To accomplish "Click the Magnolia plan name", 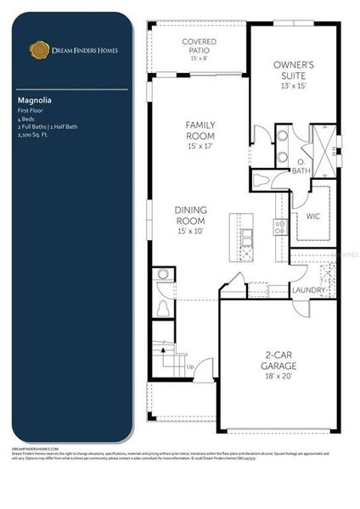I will point(34,99).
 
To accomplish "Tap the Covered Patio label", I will point(200,42).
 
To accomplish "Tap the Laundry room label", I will point(309,290).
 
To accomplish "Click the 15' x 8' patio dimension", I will point(200,59).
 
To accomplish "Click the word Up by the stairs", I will point(190,366).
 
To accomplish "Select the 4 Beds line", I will point(27,119).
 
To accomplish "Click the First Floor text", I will point(31,111).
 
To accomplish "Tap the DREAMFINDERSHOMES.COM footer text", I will point(35,448).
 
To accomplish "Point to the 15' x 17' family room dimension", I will point(200,146).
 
